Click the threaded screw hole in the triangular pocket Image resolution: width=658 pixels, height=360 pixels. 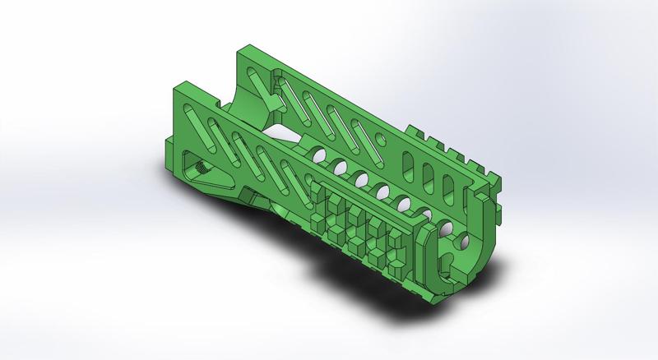(x=200, y=166)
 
